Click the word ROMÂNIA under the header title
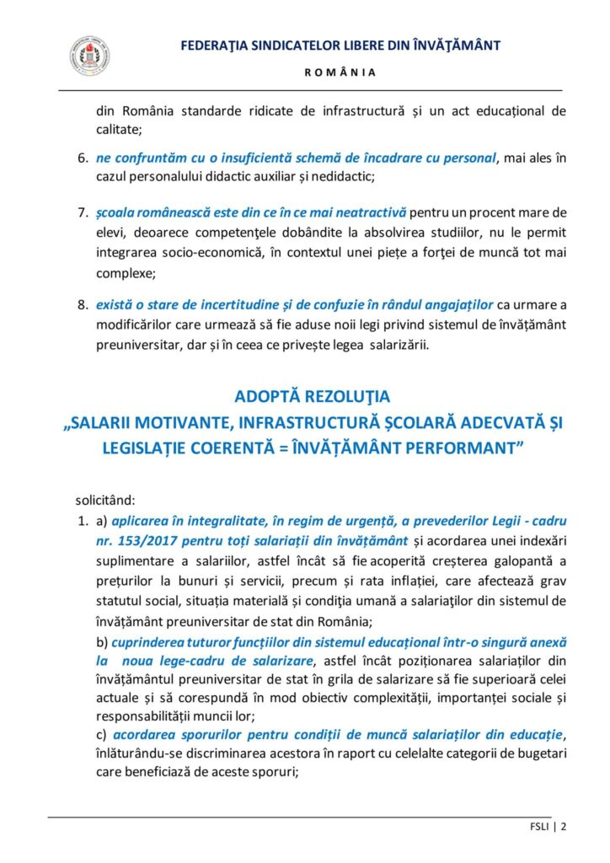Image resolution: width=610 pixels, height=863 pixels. point(340,72)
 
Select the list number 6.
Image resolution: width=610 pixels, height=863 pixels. point(83,158)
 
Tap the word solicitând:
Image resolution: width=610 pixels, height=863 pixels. point(104,499)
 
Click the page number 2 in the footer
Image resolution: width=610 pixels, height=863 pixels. point(563,827)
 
